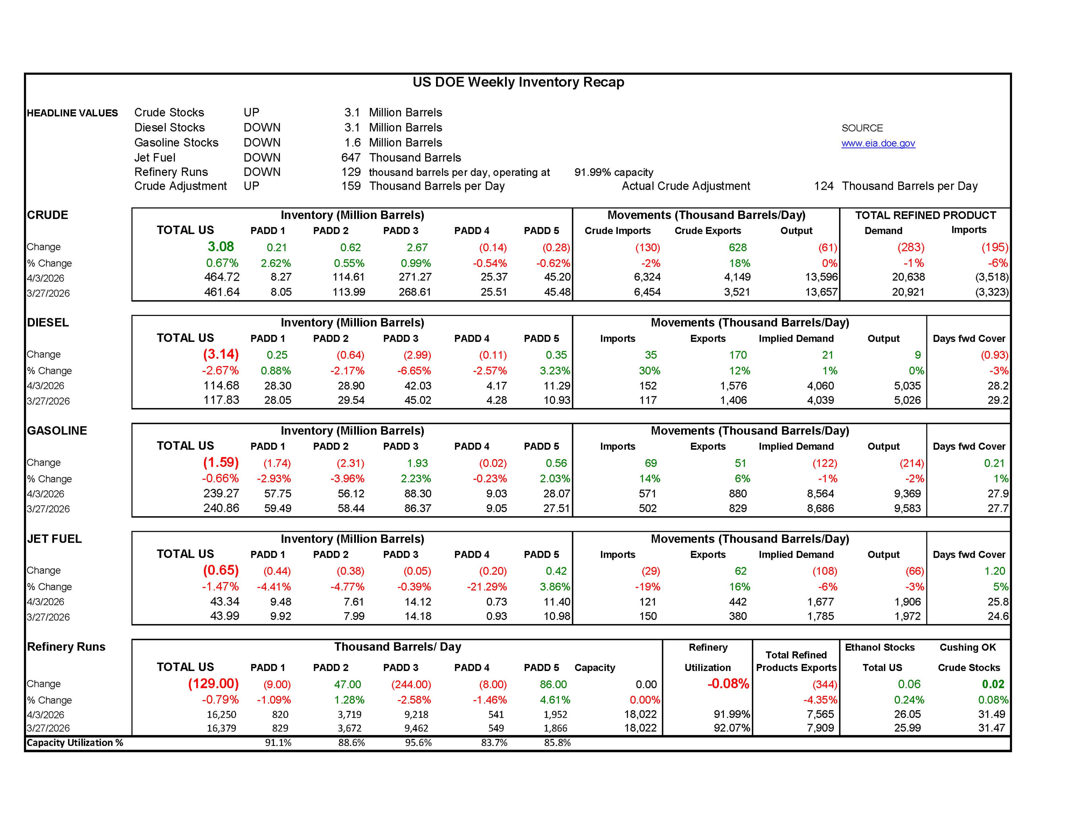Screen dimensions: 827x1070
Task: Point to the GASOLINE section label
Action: click(x=57, y=431)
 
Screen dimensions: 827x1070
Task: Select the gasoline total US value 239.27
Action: click(x=221, y=493)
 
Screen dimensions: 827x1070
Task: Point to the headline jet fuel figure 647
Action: click(x=351, y=158)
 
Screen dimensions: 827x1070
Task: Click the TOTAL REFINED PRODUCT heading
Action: click(x=925, y=215)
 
